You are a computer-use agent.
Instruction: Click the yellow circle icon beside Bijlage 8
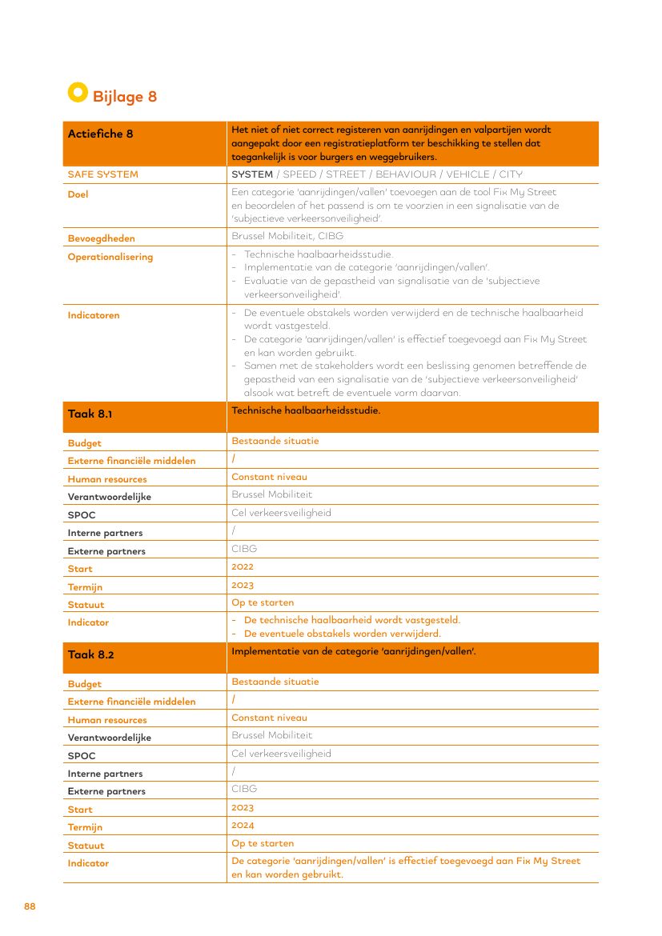pyautogui.click(x=77, y=92)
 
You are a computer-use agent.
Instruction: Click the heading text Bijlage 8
pyautogui.click(x=125, y=97)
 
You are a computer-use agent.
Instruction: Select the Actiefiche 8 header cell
pyautogui.click(x=101, y=134)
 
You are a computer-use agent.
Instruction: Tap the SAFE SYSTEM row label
pyautogui.click(x=102, y=174)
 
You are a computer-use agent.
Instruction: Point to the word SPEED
pyautogui.click(x=300, y=174)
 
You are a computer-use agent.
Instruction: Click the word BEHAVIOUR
pyautogui.click(x=406, y=174)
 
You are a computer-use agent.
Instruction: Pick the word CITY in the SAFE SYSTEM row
pyautogui.click(x=511, y=174)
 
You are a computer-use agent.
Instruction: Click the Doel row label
pyautogui.click(x=78, y=194)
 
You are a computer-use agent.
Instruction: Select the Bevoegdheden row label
pyautogui.click(x=101, y=238)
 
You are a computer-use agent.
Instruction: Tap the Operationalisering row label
pyautogui.click(x=110, y=257)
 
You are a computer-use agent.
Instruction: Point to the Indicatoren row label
pyautogui.click(x=94, y=315)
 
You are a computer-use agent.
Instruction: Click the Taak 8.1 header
pyautogui.click(x=90, y=414)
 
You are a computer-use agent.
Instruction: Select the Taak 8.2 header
pyautogui.click(x=90, y=654)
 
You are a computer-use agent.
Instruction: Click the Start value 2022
pyautogui.click(x=243, y=567)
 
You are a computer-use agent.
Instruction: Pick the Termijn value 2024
pyautogui.click(x=243, y=826)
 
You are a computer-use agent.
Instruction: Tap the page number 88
pyautogui.click(x=30, y=906)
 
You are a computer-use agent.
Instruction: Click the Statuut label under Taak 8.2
pyautogui.click(x=86, y=846)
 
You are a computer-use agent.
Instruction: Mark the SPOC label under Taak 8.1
pyautogui.click(x=82, y=515)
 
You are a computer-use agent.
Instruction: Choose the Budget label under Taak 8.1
pyautogui.click(x=84, y=443)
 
